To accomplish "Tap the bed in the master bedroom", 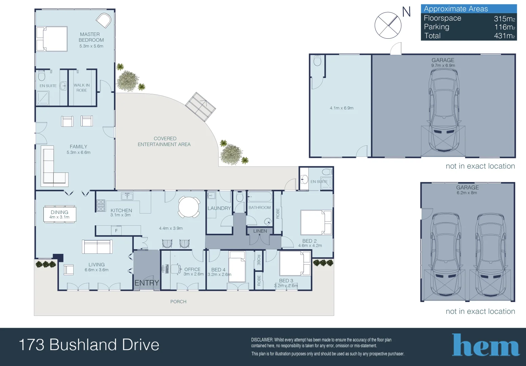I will point(52,39).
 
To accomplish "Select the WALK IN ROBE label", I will point(82,88).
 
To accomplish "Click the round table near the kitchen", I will point(189,207).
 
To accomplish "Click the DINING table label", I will point(60,214).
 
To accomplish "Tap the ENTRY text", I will point(147,283).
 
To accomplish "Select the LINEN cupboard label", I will point(260,231).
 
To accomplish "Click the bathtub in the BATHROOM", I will point(260,197).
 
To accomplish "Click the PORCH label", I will point(178,302).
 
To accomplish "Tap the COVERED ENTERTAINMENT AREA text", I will point(164,141).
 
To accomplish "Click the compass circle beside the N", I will point(388,25).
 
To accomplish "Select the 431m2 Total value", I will point(504,36).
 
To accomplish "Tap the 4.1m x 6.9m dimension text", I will point(341,108).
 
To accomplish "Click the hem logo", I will point(485,345).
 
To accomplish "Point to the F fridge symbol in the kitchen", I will point(116,230).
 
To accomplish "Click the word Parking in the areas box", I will point(437,27).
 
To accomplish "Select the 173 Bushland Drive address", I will point(89,345).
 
